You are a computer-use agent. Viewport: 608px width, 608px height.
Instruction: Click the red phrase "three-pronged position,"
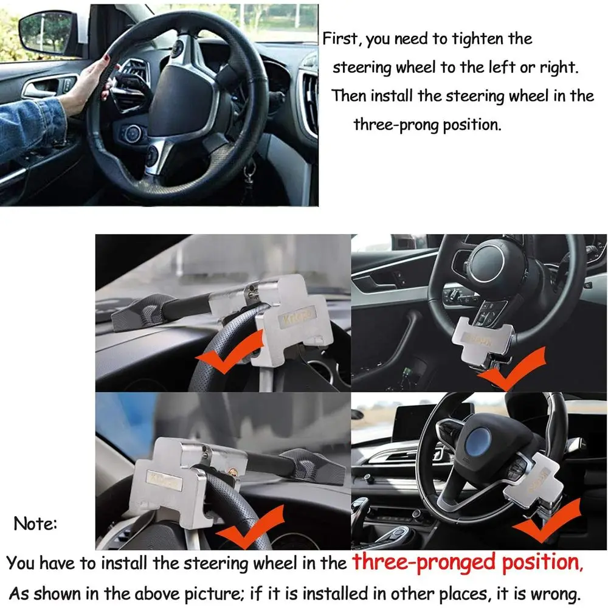(x=467, y=562)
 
